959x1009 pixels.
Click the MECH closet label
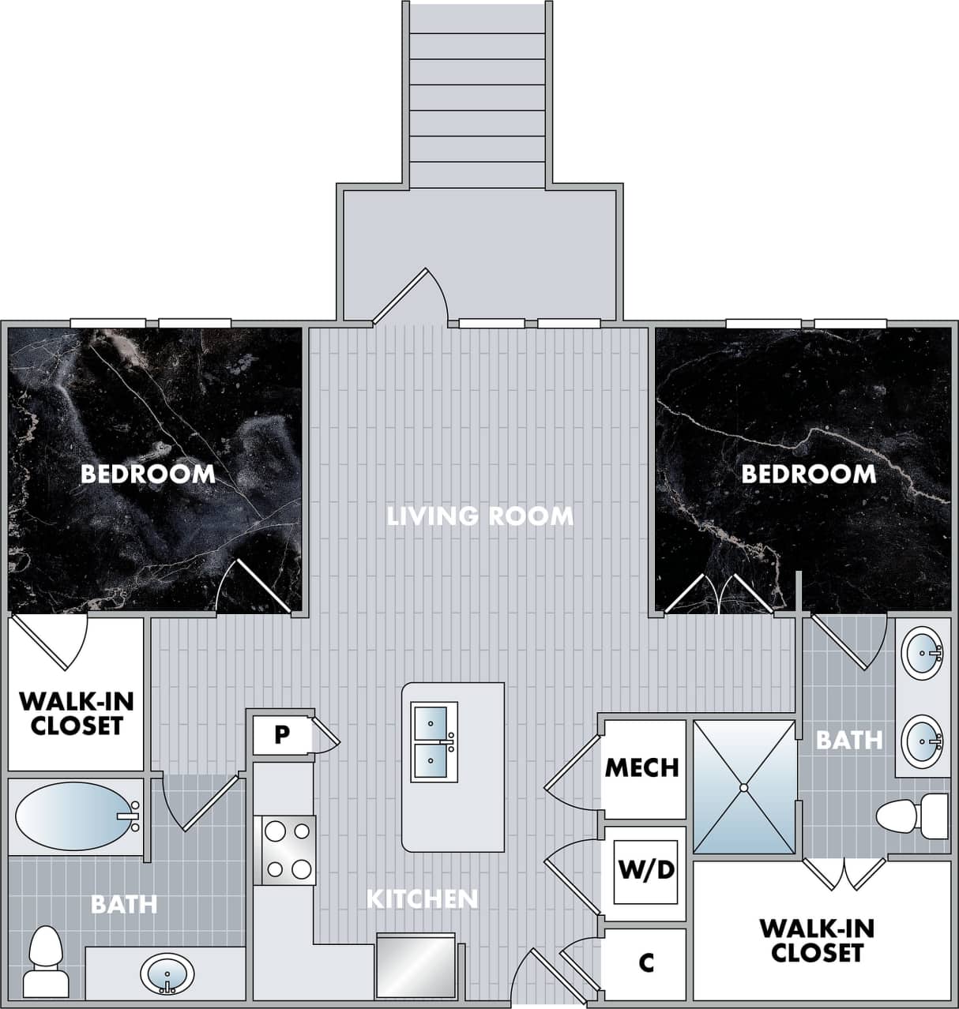pyautogui.click(x=641, y=767)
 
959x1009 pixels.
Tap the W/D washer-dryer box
pyautogui.click(x=646, y=871)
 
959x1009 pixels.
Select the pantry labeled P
pyautogui.click(x=281, y=735)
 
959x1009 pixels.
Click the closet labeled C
pyautogui.click(x=646, y=962)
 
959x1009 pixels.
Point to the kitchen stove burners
pyautogui.click(x=288, y=850)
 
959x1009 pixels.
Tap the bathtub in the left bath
pyautogui.click(x=76, y=817)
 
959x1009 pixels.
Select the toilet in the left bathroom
pyautogui.click(x=45, y=950)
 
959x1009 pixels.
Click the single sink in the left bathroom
pyautogui.click(x=167, y=973)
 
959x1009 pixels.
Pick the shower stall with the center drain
pyautogui.click(x=743, y=786)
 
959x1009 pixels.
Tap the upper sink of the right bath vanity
pyautogui.click(x=923, y=653)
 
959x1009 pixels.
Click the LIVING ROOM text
pyautogui.click(x=479, y=516)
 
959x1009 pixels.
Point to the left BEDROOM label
pyautogui.click(x=148, y=474)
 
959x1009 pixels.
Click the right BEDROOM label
pyautogui.click(x=808, y=474)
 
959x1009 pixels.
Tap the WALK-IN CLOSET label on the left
pyautogui.click(x=76, y=713)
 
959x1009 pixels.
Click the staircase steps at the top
pyautogui.click(x=477, y=95)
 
